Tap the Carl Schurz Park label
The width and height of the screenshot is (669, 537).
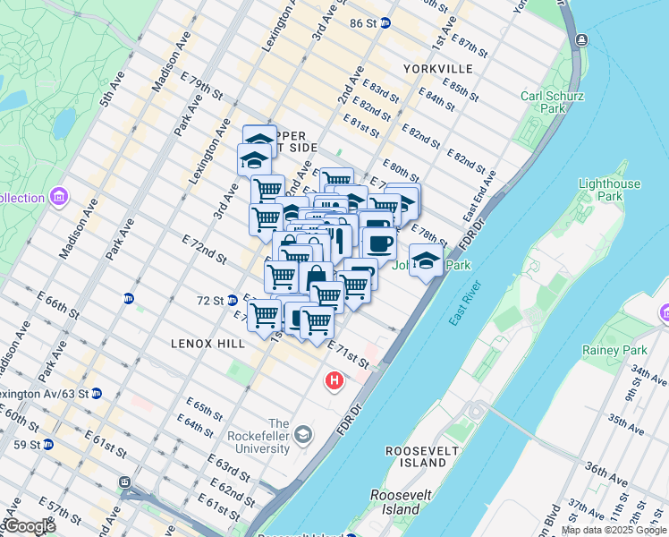[x=543, y=102]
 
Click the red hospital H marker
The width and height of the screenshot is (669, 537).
[x=334, y=382]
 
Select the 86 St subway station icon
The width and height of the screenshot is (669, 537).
[x=385, y=23]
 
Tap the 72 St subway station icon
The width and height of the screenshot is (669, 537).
[x=232, y=300]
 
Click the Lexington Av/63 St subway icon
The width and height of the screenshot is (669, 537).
[x=97, y=393]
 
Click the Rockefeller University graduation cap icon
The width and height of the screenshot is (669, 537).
[x=304, y=435]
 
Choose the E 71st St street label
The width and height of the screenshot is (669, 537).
[x=348, y=353]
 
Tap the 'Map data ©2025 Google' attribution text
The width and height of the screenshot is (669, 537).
[x=614, y=530]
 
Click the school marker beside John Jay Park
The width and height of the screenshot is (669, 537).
[x=427, y=261]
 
